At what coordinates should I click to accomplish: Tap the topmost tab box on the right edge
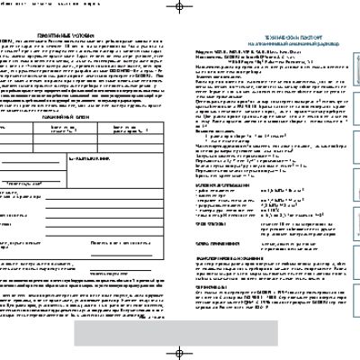[x=356, y=63]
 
